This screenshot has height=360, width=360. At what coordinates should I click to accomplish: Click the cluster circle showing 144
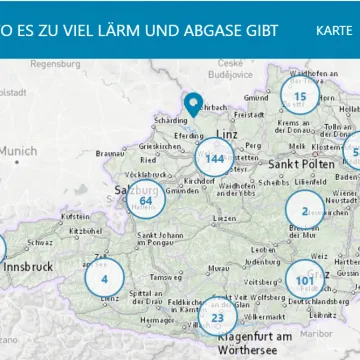click(214, 158)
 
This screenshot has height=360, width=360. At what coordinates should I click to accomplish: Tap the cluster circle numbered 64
click(146, 199)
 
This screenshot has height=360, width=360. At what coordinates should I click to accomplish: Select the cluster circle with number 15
click(299, 96)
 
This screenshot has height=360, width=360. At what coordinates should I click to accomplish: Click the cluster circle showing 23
click(217, 317)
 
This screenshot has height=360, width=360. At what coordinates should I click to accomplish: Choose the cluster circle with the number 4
click(104, 278)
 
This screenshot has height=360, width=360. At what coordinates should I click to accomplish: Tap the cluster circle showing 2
click(304, 210)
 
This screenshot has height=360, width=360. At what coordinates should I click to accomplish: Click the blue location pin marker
click(193, 104)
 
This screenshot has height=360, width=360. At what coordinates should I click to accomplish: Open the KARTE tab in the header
click(332, 30)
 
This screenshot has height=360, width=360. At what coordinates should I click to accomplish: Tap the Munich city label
click(18, 151)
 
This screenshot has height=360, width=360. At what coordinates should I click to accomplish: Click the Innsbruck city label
click(26, 268)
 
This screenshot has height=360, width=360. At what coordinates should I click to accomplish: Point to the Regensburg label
click(55, 64)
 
